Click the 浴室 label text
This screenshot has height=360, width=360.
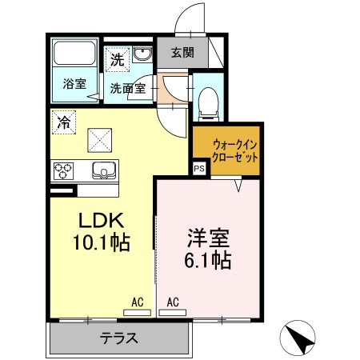pyautogui.click(x=74, y=83)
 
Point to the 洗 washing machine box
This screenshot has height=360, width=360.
pyautogui.click(x=118, y=58)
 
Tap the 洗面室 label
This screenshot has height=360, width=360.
pyautogui.click(x=127, y=88)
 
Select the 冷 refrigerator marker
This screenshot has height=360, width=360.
pyautogui.click(x=62, y=122)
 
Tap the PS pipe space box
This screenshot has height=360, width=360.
pyautogui.click(x=199, y=170)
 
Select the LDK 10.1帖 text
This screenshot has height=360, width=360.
pyautogui.click(x=102, y=230)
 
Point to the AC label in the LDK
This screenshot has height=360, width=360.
pyautogui.click(x=137, y=302)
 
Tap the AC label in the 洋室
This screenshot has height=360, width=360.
pyautogui.click(x=174, y=302)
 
